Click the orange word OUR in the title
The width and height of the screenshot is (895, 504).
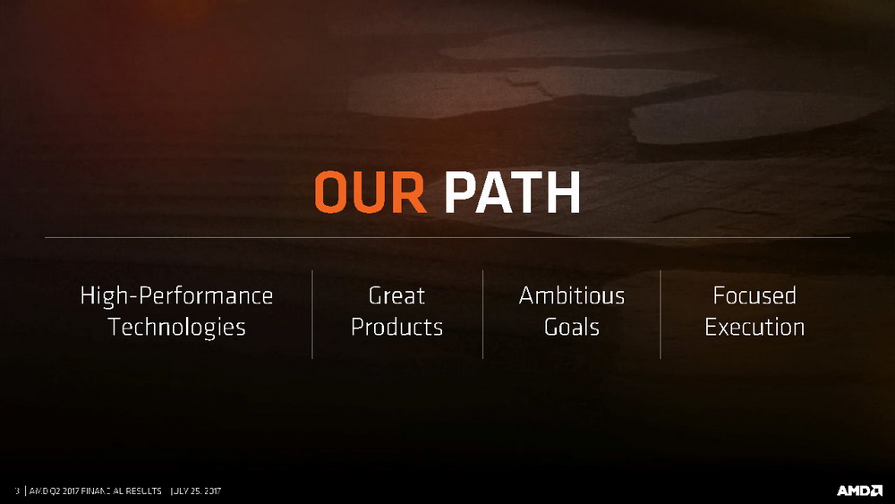tap(371, 192)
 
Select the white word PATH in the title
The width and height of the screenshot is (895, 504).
tap(512, 192)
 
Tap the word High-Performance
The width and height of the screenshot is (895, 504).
tap(176, 296)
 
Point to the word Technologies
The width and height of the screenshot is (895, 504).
tap(176, 328)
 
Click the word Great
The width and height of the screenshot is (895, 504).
tap(396, 295)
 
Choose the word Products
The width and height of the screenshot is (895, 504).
tap(396, 327)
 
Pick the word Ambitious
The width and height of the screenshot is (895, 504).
tap(572, 295)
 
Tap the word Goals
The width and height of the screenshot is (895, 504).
tap(572, 327)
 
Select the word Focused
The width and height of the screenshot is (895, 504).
tap(754, 295)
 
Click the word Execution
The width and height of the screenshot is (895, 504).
tap(754, 327)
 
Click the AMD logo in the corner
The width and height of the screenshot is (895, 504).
tap(859, 491)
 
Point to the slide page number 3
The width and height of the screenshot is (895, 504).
tap(17, 491)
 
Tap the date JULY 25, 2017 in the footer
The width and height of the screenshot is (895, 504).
tap(196, 491)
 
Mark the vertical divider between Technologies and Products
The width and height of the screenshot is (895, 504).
tap(312, 314)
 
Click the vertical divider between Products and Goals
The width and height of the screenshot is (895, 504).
tap(483, 314)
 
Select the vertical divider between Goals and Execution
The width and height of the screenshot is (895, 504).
tap(661, 314)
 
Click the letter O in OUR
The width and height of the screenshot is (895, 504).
tap(332, 192)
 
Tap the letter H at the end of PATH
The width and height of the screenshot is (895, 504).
tap(562, 192)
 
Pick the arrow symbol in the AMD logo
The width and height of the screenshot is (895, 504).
tap(876, 491)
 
